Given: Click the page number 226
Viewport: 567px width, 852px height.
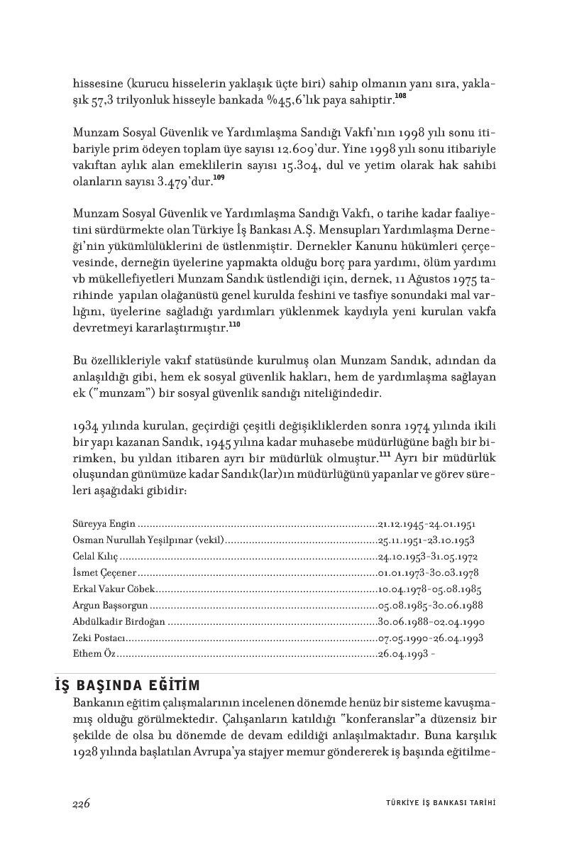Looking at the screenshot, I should click(x=81, y=803).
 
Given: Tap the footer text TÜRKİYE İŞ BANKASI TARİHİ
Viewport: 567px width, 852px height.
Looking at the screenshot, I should click(x=434, y=803).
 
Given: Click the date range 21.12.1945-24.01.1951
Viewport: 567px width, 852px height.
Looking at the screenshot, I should click(x=426, y=524).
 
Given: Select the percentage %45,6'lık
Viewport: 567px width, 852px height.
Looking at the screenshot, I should click(x=307, y=99).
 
